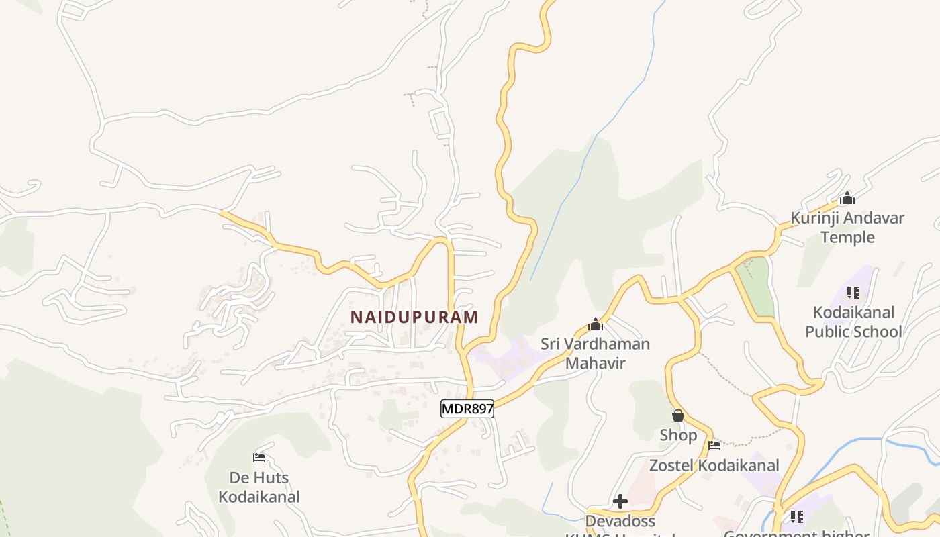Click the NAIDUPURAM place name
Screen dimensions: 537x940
(414, 317)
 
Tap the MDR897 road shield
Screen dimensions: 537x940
(467, 409)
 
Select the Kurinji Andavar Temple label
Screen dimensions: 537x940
(847, 228)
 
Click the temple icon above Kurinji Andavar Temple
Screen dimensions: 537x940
(847, 198)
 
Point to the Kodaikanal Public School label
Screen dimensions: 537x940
(853, 322)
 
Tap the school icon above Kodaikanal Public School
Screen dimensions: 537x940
(853, 293)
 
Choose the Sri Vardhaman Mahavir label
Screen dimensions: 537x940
(595, 354)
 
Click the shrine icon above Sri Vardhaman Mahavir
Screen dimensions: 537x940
(595, 325)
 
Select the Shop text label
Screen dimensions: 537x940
(678, 435)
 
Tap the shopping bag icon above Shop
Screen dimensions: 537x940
(678, 416)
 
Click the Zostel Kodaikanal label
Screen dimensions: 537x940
(714, 465)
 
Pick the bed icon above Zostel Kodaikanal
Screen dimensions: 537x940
(714, 445)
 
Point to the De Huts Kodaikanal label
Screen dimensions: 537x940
(259, 487)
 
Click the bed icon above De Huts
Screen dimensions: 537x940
(259, 458)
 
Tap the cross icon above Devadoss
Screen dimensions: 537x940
(620, 501)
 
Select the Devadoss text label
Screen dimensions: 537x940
(620, 521)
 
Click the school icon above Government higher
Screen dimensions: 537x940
(796, 516)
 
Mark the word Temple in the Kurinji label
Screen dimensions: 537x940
(847, 237)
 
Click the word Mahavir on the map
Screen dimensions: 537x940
(595, 363)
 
